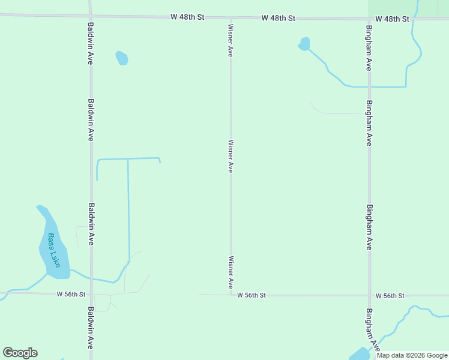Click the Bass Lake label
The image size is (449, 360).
pyautogui.click(x=54, y=250)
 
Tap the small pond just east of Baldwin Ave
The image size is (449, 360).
pyautogui.click(x=122, y=58)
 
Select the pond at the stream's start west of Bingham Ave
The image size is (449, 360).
pyautogui.click(x=304, y=44)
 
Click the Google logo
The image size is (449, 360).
pyautogui.click(x=20, y=353)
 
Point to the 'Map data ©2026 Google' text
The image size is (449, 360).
pyautogui.click(x=412, y=355)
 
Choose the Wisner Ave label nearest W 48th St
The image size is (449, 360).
pyautogui.click(x=230, y=40)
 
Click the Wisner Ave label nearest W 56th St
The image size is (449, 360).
pyautogui.click(x=230, y=272)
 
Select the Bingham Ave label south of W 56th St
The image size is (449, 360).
pyautogui.click(x=372, y=330)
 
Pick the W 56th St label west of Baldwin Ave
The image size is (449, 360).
pyautogui.click(x=71, y=294)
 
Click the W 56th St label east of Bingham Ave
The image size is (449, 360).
pyautogui.click(x=391, y=296)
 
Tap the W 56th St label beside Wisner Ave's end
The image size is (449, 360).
pyautogui.click(x=252, y=295)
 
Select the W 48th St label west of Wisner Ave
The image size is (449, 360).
pyautogui.click(x=187, y=17)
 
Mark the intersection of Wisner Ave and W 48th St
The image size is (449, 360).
pyautogui.click(x=231, y=18)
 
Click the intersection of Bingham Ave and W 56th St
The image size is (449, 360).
pyautogui.click(x=369, y=295)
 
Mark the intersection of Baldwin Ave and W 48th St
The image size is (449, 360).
pyautogui.click(x=90, y=16)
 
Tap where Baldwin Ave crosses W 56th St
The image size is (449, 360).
pyautogui.click(x=91, y=294)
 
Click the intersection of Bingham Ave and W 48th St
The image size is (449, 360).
pyautogui.click(x=369, y=19)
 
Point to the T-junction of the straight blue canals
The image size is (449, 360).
pyautogui.click(x=128, y=159)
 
